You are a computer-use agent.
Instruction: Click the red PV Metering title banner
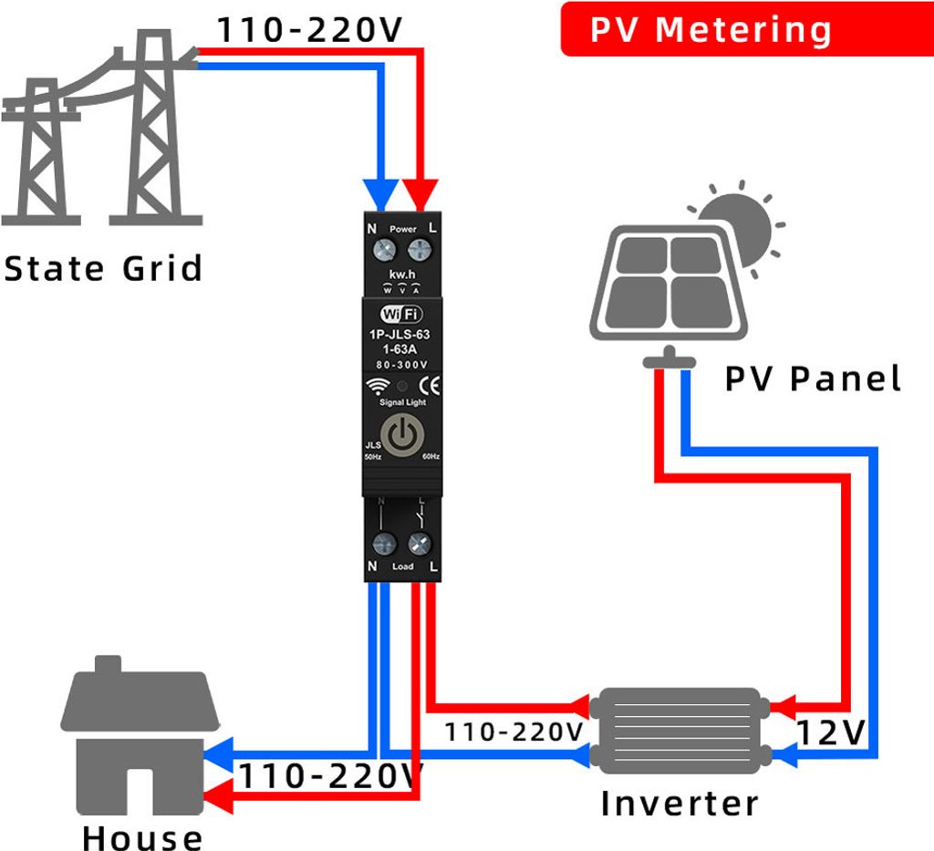pos(711,29)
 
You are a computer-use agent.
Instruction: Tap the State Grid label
pos(102,269)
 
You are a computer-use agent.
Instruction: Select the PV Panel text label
pos(813,379)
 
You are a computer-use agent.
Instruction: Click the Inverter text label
pos(680,804)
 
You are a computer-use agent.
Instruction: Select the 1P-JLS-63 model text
pos(400,335)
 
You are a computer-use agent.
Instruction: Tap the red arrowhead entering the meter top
pos(421,193)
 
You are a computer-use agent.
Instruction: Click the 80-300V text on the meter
pos(401,365)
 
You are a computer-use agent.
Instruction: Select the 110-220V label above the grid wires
pos(309,30)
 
